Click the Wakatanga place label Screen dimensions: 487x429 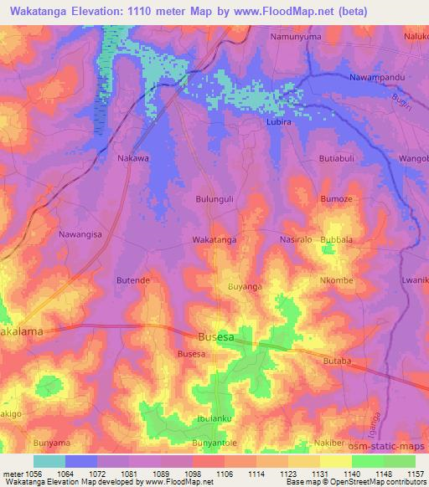pyautogui.click(x=214, y=239)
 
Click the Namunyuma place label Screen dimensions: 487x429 pyautogui.click(x=296, y=38)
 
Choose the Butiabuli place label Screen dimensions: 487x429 pyautogui.click(x=340, y=158)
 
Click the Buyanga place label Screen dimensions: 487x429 pyautogui.click(x=246, y=287)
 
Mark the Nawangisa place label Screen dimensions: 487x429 pyautogui.click(x=80, y=235)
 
